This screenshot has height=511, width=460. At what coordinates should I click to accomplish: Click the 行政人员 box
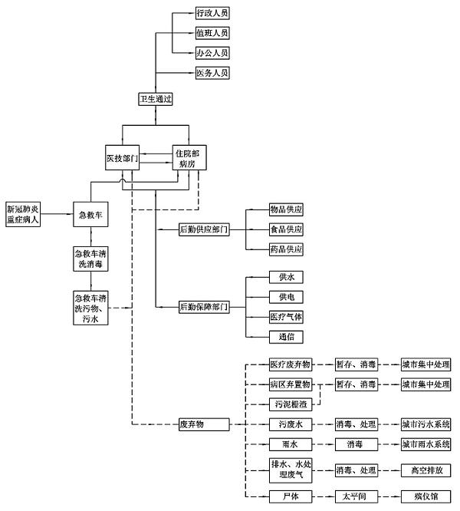pos(212,14)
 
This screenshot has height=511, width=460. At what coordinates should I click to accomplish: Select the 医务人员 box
pos(212,73)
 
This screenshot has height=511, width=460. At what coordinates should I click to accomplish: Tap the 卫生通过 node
pos(156,98)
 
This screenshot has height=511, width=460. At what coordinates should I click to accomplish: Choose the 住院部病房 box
pos(189,157)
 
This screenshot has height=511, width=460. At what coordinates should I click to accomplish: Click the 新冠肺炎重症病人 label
pos(23,213)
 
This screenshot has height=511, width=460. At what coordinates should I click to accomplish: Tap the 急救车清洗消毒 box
pos(91,257)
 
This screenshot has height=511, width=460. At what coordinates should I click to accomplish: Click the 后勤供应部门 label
pos(203,229)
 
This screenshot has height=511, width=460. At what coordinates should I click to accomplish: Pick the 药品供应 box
pos(285,249)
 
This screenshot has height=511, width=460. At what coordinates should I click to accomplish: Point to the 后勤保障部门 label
pos(203,306)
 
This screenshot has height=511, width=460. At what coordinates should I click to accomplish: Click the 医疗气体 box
pos(285,316)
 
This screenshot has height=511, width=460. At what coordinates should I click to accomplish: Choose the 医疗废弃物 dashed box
pos(290,364)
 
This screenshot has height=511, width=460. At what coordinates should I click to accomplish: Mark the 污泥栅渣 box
pos(290,404)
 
